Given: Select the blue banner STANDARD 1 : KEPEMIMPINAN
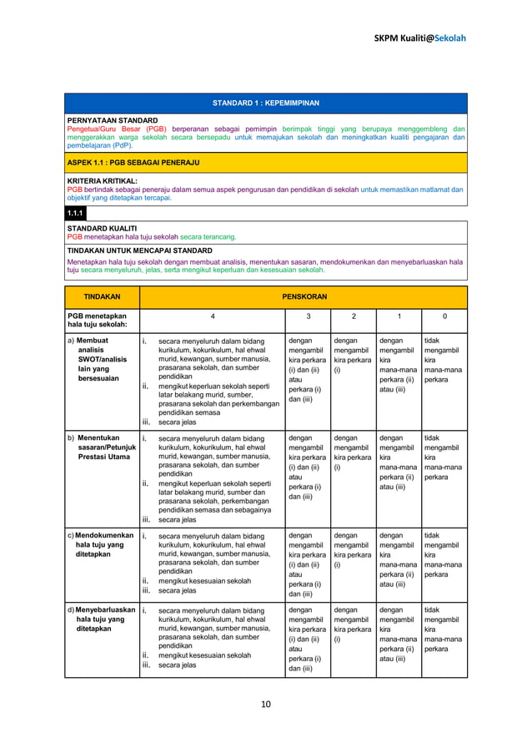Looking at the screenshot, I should [x=266, y=104].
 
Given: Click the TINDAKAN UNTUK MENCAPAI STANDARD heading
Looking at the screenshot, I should [x=139, y=250].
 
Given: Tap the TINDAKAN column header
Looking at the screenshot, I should [x=102, y=296].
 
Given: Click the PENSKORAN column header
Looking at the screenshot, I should [x=303, y=296].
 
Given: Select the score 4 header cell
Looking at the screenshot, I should [x=212, y=317].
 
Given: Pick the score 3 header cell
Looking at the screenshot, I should [x=308, y=317].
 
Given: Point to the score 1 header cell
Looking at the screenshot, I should [x=399, y=317].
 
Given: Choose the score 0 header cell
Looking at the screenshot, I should [x=444, y=317].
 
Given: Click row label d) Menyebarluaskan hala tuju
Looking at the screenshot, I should [x=100, y=619].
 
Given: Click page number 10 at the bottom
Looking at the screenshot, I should [x=266, y=704].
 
